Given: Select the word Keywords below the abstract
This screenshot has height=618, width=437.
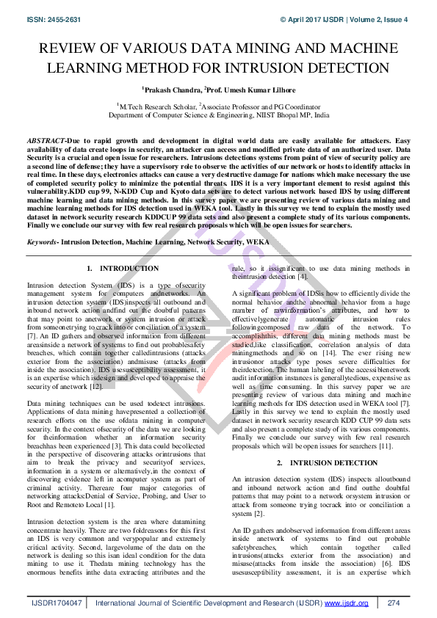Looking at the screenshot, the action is (x=42, y=241).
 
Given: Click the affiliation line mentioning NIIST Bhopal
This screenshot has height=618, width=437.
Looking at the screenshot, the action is (x=218, y=115).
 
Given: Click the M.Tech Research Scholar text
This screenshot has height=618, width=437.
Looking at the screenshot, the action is (x=153, y=106).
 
